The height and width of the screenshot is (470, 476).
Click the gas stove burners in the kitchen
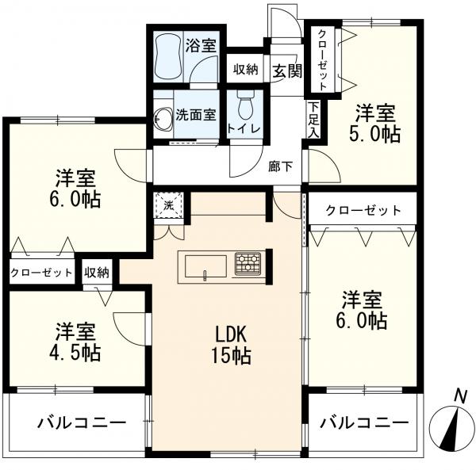(248, 263)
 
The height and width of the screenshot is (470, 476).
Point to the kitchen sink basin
(205, 266)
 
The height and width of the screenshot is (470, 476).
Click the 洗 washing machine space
(168, 205)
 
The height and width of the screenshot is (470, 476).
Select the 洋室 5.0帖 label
(375, 124)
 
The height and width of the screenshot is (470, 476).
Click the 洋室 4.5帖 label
(75, 342)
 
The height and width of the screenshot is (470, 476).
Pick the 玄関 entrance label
(287, 71)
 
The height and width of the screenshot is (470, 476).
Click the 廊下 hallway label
(280, 166)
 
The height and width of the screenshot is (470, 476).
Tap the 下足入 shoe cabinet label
(314, 120)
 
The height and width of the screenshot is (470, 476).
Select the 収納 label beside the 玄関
(246, 70)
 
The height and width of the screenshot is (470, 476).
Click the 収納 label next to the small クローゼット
(97, 273)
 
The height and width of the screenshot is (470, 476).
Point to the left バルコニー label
(82, 422)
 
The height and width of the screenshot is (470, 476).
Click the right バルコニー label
(364, 422)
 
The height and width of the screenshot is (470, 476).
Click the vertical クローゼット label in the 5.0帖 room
(322, 59)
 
